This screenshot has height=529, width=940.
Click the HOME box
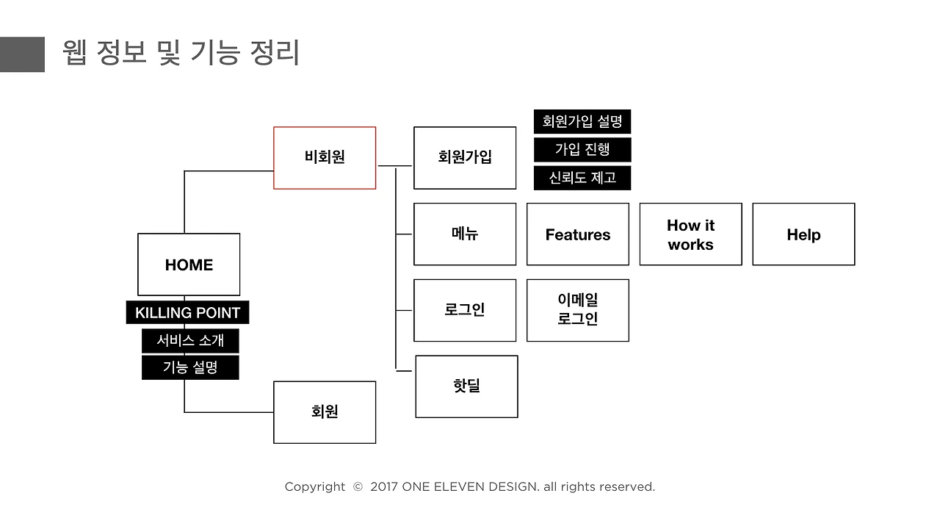(x=189, y=264)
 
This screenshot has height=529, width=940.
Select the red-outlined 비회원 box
(x=325, y=157)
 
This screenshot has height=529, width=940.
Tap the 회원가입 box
(x=465, y=157)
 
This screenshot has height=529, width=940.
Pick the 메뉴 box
(x=465, y=234)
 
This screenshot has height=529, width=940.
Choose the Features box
(x=578, y=234)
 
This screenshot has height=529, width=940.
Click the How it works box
(x=690, y=234)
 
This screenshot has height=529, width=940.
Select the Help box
(x=803, y=234)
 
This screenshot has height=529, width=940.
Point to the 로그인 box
(x=465, y=310)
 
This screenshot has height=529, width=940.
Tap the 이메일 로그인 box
(x=578, y=310)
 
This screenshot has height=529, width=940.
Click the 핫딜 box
(x=466, y=386)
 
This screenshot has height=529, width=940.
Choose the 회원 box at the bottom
(x=325, y=412)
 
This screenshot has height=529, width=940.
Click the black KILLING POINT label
(x=187, y=313)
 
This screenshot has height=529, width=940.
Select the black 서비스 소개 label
(x=190, y=341)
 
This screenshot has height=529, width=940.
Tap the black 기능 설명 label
(x=190, y=367)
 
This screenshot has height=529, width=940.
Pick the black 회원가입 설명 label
(x=582, y=121)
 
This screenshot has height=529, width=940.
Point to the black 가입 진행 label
(x=582, y=150)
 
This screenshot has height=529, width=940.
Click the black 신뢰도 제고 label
(x=582, y=178)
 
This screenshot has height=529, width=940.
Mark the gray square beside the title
(x=22, y=54)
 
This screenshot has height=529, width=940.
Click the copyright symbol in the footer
(x=358, y=487)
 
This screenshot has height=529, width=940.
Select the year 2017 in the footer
(x=384, y=487)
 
